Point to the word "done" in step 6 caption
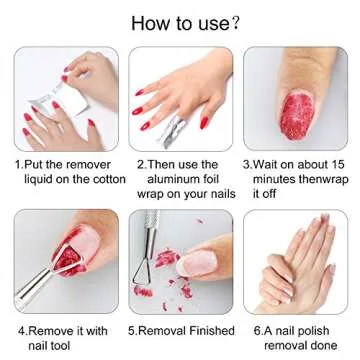315,342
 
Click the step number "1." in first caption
18,164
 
